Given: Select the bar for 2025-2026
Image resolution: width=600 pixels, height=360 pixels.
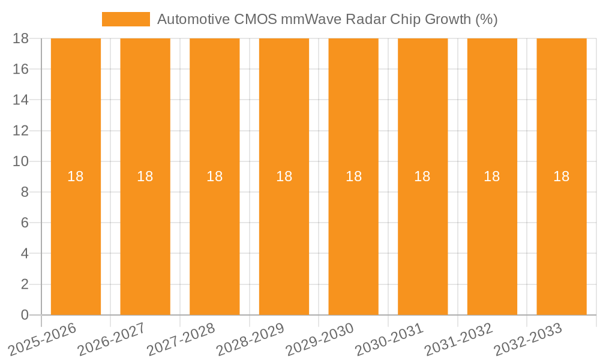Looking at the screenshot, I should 76,240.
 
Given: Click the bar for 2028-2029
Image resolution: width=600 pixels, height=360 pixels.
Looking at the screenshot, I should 284,240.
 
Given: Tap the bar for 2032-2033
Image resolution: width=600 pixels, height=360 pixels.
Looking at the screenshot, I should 562,240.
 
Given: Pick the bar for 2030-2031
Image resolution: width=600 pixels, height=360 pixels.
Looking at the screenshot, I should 422,240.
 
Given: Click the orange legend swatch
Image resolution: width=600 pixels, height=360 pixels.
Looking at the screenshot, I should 126,19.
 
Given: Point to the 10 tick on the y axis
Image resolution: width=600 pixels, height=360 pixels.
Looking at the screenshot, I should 20,161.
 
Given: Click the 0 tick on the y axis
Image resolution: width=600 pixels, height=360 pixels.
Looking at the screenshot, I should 25,315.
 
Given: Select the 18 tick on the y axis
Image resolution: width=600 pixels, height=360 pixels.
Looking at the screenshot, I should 20,38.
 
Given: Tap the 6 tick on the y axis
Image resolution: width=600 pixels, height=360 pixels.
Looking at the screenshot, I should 25,223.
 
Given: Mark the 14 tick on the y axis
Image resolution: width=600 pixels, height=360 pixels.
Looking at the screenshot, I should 20,100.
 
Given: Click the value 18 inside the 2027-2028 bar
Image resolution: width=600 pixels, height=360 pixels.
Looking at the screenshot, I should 215,176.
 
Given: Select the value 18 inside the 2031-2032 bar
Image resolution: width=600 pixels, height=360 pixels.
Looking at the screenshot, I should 492,176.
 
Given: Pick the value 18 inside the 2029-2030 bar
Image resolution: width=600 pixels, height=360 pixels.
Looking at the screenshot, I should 353,176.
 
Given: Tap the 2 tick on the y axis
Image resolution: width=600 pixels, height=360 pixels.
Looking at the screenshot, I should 25,284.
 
